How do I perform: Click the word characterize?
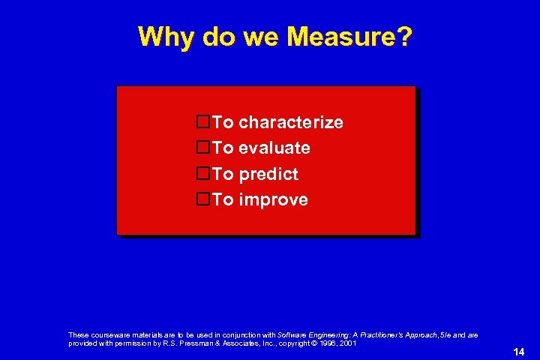[x=291, y=122]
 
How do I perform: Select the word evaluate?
[x=274, y=148]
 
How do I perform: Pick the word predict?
[x=268, y=175]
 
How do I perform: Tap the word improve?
[x=273, y=200]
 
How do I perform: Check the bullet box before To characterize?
[x=202, y=121]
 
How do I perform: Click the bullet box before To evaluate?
[x=202, y=148]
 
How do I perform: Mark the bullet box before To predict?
[x=202, y=173]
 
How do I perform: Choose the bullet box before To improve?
[x=202, y=199]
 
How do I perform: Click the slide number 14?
[x=518, y=352]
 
